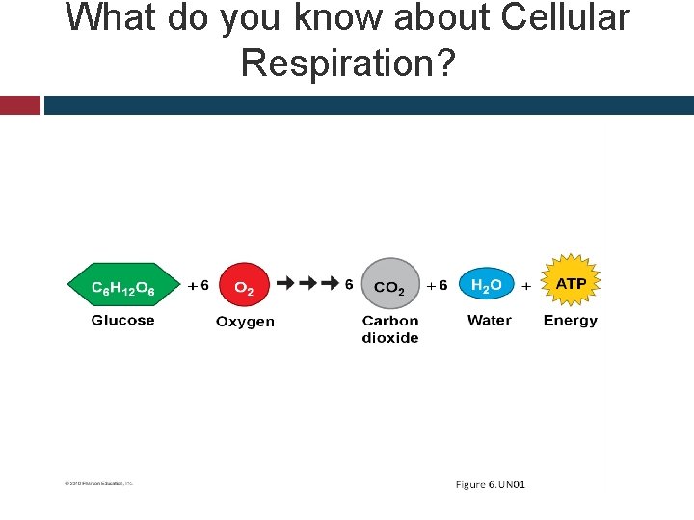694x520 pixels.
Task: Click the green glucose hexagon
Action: (122, 286)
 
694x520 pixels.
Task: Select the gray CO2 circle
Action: (389, 285)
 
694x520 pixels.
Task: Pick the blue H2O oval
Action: (487, 285)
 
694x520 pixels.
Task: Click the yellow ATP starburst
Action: (571, 283)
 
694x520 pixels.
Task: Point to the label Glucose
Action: (122, 321)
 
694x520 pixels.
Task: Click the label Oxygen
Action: (245, 322)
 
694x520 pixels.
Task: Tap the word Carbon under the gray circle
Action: (390, 321)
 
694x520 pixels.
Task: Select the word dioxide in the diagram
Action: (390, 338)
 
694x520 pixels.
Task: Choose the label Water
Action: (489, 321)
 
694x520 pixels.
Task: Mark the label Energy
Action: (571, 321)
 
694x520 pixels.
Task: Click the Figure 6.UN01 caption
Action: (490, 484)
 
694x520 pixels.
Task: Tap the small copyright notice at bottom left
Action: (93, 483)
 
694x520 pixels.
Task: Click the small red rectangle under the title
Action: (19, 105)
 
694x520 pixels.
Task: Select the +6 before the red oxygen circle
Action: (198, 286)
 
